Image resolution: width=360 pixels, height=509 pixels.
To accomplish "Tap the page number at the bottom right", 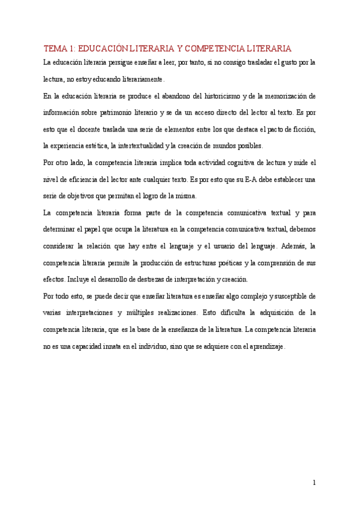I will coord(314,483).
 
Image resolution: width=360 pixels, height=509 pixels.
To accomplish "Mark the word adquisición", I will coord(271,313).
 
